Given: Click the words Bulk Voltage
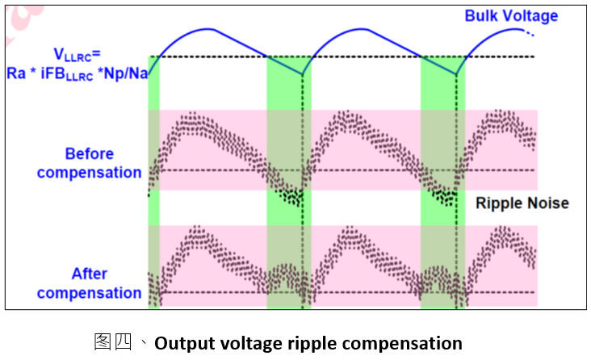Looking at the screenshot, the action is (511, 16).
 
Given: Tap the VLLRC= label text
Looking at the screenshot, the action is (77, 55).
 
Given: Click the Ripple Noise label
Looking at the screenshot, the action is (522, 203).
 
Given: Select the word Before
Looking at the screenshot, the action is (90, 154).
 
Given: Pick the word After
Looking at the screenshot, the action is (90, 274).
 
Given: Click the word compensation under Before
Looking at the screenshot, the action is (90, 173).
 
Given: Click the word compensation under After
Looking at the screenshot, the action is (90, 293).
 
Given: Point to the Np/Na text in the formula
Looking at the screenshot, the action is (126, 73).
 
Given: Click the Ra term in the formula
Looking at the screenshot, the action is (16, 73).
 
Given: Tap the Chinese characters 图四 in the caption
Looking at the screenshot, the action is (113, 342).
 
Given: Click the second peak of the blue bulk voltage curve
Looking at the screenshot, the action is (361, 28).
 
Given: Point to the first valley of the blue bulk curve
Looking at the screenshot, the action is (302, 74).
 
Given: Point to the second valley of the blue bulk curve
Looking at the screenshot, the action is (456, 74).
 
